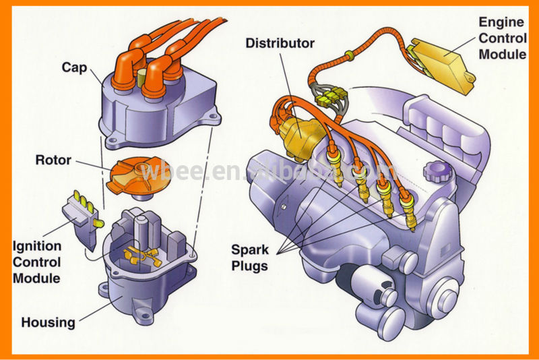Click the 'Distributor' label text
click(280, 44)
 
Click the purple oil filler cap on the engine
click(436, 173)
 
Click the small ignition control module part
click(84, 216)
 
